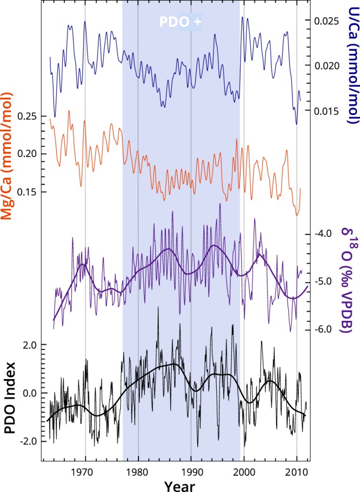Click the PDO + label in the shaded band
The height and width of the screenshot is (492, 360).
pos(181,22)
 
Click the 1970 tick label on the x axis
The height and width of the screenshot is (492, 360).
pos(85,470)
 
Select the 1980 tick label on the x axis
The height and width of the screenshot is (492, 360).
pos(138,470)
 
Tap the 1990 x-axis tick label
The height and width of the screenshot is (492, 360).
pos(191,470)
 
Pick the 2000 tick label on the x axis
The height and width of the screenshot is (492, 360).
pos(244,470)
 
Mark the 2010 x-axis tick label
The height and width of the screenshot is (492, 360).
pos(296,470)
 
